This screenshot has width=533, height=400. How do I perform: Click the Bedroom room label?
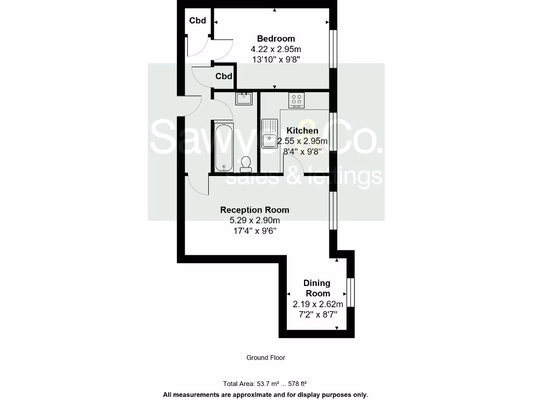tap(276, 39)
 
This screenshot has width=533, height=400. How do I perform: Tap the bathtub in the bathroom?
tap(223, 146)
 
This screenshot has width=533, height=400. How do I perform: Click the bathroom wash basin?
tap(244, 98)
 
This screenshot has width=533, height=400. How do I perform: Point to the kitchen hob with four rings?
tap(297, 99)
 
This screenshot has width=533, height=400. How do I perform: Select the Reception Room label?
tap(255, 210)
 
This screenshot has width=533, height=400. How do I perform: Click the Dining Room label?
tap(317, 288)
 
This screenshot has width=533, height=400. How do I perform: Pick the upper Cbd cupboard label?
tap(198, 21)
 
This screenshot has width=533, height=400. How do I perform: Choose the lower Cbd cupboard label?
tap(224, 77)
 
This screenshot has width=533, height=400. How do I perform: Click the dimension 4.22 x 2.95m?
tap(276, 49)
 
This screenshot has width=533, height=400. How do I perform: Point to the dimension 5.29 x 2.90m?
tap(255, 220)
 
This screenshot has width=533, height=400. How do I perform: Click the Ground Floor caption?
tap(265, 358)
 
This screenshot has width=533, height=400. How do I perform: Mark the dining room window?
tap(351, 292)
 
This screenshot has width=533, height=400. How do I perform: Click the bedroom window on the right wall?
tap(333, 49)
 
